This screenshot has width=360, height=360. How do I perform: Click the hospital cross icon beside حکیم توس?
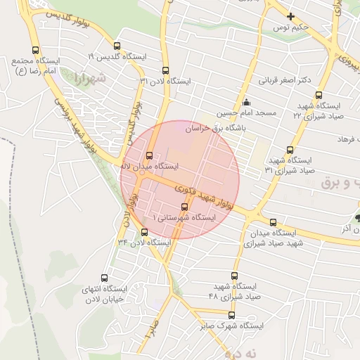coord(290,16)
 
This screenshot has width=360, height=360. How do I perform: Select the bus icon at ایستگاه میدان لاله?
coord(148,156)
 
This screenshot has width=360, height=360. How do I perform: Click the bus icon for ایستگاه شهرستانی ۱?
coord(184,207)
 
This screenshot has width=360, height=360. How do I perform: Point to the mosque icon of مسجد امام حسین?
coord(245,103)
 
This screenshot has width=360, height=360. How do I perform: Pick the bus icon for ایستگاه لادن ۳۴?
coord(145,232)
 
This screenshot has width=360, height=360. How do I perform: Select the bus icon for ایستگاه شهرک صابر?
coord(231,315)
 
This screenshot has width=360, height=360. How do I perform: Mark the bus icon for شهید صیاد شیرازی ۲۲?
coord(319,95)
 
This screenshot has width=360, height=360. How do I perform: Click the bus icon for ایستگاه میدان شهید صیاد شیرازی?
coord(272,221)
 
